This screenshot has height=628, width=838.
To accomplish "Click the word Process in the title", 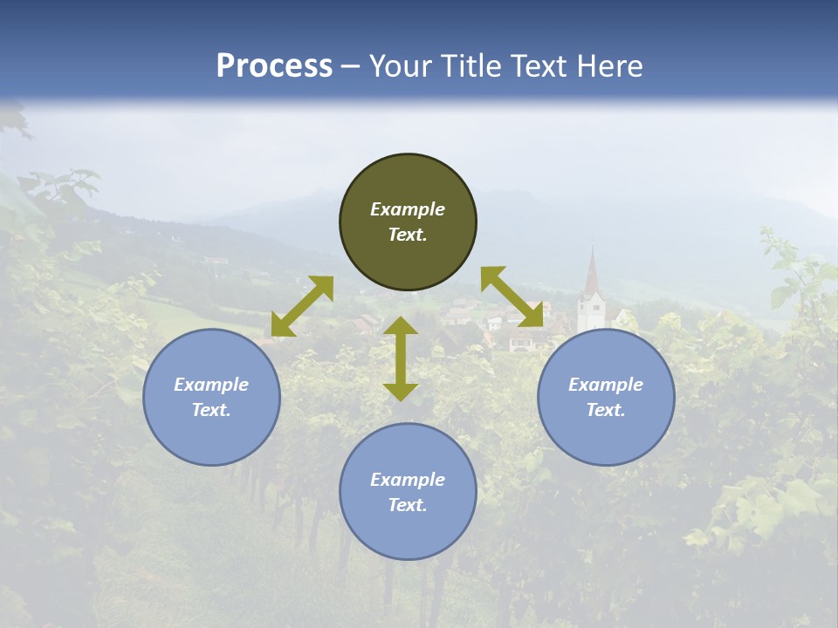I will (274, 66).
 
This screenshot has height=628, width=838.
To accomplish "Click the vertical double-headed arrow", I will (401, 358).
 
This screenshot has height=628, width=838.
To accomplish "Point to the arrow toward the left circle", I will (302, 306).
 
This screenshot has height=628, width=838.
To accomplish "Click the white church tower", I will (591, 311).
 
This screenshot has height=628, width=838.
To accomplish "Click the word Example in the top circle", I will (408, 209).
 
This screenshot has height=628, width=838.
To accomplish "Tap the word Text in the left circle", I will (211, 410).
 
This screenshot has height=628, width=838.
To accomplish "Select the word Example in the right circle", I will (606, 385).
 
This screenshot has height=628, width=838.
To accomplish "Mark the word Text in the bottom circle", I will (407, 505).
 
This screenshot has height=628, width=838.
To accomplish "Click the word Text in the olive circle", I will (407, 235).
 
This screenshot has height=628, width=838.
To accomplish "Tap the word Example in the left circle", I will (211, 385).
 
